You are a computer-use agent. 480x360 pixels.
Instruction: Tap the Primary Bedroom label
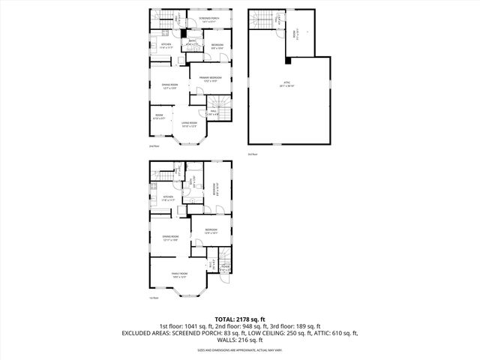(210, 79)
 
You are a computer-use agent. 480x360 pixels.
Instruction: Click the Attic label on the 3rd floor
(285, 85)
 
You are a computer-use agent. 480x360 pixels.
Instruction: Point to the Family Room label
(179, 274)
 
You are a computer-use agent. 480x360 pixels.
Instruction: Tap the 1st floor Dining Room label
(169, 239)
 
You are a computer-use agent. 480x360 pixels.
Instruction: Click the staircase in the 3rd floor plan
(262, 21)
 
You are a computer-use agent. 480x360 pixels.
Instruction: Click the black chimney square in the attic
(289, 61)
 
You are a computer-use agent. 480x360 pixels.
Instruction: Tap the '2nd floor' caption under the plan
(154, 146)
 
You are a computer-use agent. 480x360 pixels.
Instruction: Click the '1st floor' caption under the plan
(154, 298)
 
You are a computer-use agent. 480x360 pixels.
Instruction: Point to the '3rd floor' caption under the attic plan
(252, 154)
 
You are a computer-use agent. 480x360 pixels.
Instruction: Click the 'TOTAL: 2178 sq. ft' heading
(240, 319)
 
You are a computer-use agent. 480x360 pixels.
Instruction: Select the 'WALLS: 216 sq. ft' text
(240, 340)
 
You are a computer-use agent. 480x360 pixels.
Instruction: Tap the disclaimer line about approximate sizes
(240, 349)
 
